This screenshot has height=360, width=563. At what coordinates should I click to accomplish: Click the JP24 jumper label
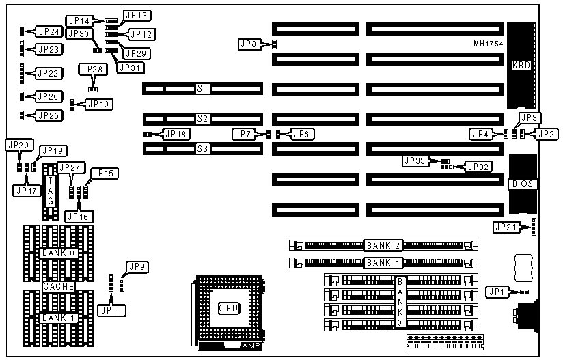50,31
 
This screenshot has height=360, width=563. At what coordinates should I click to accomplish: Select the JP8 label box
249,44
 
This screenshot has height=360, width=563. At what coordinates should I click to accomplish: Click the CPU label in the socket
228,308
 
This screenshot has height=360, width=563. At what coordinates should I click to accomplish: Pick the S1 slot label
202,89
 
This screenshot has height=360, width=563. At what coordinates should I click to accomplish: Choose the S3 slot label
202,148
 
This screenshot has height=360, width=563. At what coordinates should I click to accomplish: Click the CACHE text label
59,287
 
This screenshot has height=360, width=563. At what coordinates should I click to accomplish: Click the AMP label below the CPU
251,346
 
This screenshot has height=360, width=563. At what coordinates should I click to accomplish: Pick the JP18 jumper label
174,134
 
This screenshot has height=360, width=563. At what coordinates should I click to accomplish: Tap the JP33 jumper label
415,161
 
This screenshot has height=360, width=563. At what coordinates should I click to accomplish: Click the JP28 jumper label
93,69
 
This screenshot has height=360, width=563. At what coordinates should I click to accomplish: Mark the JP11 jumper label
111,309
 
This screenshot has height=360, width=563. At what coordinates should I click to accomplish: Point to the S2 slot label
202,118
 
